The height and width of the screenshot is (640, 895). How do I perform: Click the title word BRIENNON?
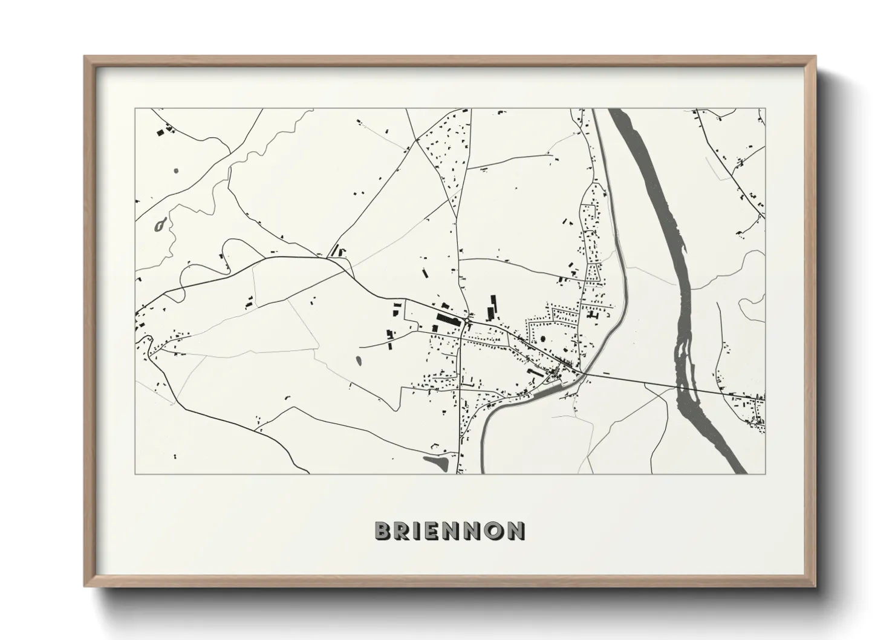[450, 531]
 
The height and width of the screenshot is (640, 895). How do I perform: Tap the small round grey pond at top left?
[176, 171]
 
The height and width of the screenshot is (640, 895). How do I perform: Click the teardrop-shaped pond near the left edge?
[160, 226]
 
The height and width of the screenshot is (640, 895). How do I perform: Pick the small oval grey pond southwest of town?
[358, 362]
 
